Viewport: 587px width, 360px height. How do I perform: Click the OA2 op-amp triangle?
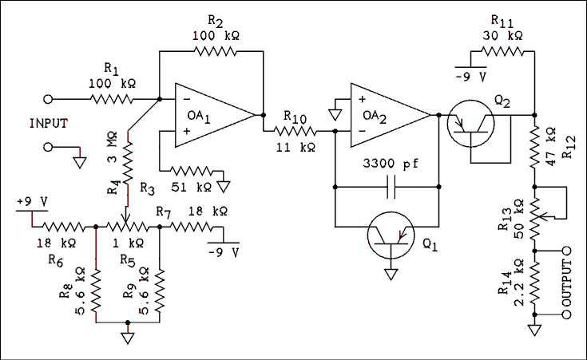(387, 115)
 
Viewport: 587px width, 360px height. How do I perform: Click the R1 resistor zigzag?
(114, 100)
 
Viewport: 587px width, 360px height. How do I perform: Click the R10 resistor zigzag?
(291, 131)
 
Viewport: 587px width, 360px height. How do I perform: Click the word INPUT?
(49, 123)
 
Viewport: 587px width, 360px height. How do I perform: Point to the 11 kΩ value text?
(295, 147)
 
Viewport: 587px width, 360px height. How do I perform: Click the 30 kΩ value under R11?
(503, 36)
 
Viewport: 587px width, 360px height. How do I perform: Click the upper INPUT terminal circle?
(49, 100)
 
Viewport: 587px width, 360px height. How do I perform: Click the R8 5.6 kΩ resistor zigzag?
(95, 291)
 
